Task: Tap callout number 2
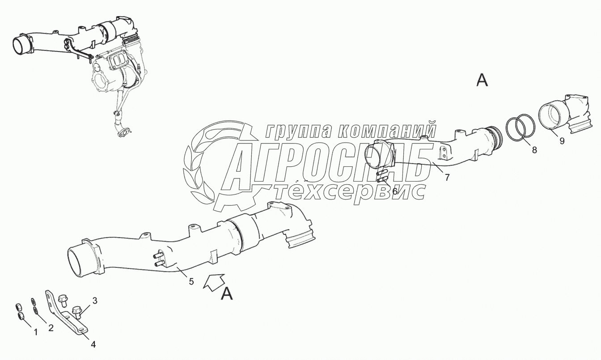click(x=51, y=328)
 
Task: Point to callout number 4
click(x=93, y=344)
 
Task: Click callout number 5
click(x=191, y=281)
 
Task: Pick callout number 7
click(x=447, y=177)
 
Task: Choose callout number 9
click(x=562, y=140)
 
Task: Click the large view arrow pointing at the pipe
click(x=213, y=282)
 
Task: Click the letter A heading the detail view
click(x=482, y=80)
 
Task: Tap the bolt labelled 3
click(x=77, y=310)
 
